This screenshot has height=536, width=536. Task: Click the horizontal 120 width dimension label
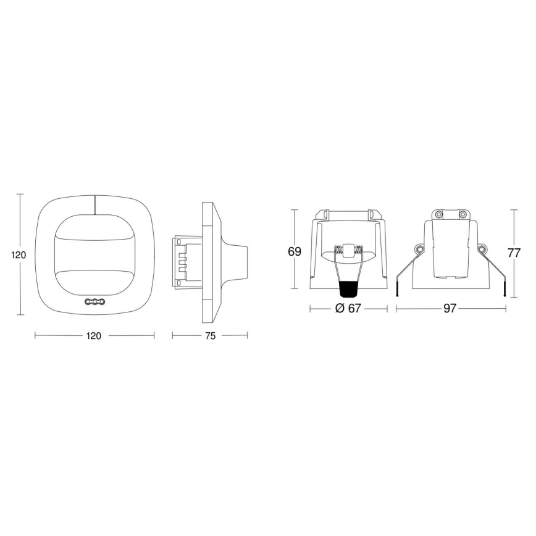point(94,336)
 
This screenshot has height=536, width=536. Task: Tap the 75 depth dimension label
point(209,336)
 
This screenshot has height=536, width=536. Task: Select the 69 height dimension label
point(295,252)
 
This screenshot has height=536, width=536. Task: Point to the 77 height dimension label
point(514,253)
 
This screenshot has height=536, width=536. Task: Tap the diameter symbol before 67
point(340,309)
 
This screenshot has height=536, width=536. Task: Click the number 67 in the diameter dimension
point(354,309)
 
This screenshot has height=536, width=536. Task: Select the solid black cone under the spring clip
point(348,290)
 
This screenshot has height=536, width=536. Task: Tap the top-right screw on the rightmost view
point(461,214)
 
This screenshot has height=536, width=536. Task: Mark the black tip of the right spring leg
point(505,291)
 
